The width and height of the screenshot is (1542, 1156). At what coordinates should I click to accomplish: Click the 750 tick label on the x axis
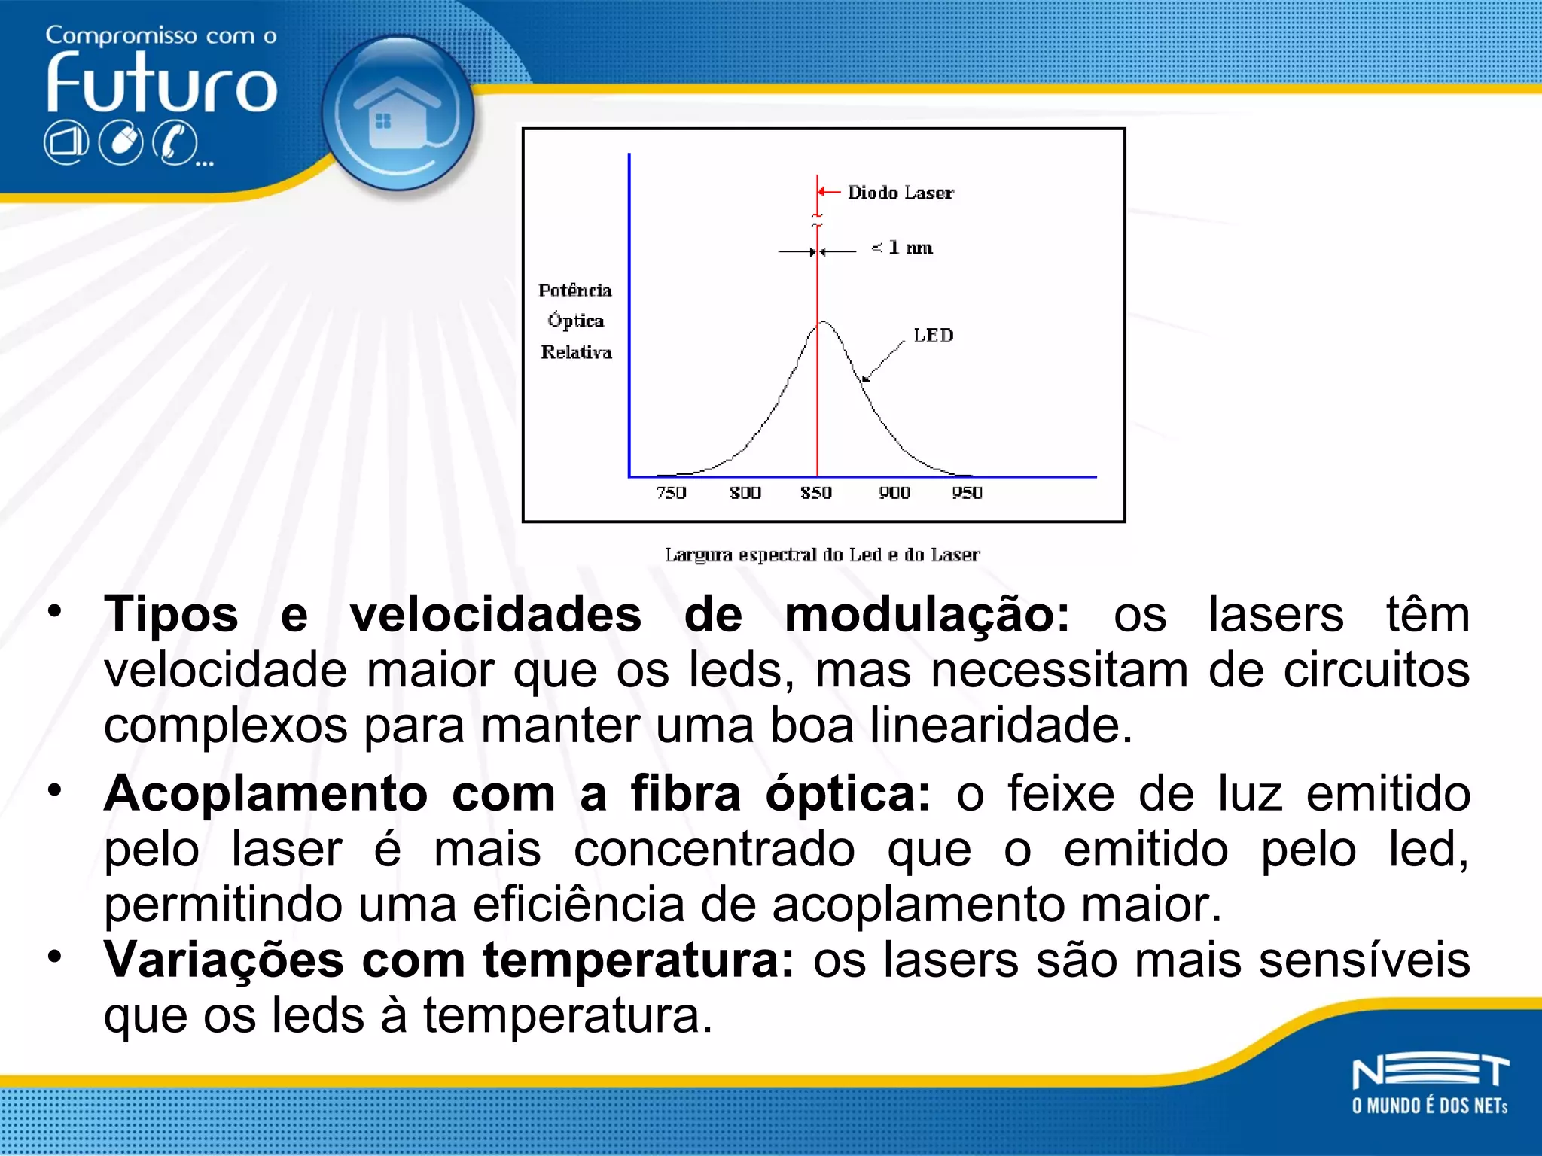pyautogui.click(x=670, y=493)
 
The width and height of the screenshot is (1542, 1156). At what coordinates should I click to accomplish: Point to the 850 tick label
pyautogui.click(x=816, y=493)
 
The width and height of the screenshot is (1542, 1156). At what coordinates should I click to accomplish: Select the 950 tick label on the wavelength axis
pyautogui.click(x=967, y=493)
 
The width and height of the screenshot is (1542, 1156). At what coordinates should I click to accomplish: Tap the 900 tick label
pyautogui.click(x=894, y=493)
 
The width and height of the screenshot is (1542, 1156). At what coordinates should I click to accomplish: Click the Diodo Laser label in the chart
pyautogui.click(x=901, y=193)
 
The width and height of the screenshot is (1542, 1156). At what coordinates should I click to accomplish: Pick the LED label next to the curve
pyautogui.click(x=933, y=336)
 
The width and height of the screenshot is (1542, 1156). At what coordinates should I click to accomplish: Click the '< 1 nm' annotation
pyautogui.click(x=903, y=248)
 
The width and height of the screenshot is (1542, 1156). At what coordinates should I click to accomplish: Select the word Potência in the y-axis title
pyautogui.click(x=575, y=291)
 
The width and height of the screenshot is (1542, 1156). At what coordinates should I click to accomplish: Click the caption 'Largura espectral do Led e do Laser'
pyautogui.click(x=822, y=555)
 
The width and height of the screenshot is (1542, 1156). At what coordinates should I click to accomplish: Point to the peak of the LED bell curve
pyautogui.click(x=824, y=323)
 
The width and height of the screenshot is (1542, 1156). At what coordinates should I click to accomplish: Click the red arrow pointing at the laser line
pyautogui.click(x=829, y=192)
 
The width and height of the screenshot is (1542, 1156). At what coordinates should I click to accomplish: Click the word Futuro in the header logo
pyautogui.click(x=162, y=84)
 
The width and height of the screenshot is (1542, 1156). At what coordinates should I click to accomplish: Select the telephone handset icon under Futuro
pyautogui.click(x=175, y=143)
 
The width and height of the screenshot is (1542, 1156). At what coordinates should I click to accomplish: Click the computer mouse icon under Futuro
pyautogui.click(x=121, y=143)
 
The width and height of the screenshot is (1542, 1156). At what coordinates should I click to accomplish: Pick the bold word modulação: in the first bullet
pyautogui.click(x=927, y=615)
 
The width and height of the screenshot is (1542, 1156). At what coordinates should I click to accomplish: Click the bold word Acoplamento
pyautogui.click(x=266, y=794)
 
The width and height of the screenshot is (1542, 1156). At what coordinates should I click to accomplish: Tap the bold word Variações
pyautogui.click(x=224, y=960)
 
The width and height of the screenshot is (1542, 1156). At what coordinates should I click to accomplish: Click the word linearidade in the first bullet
pyautogui.click(x=1001, y=726)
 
